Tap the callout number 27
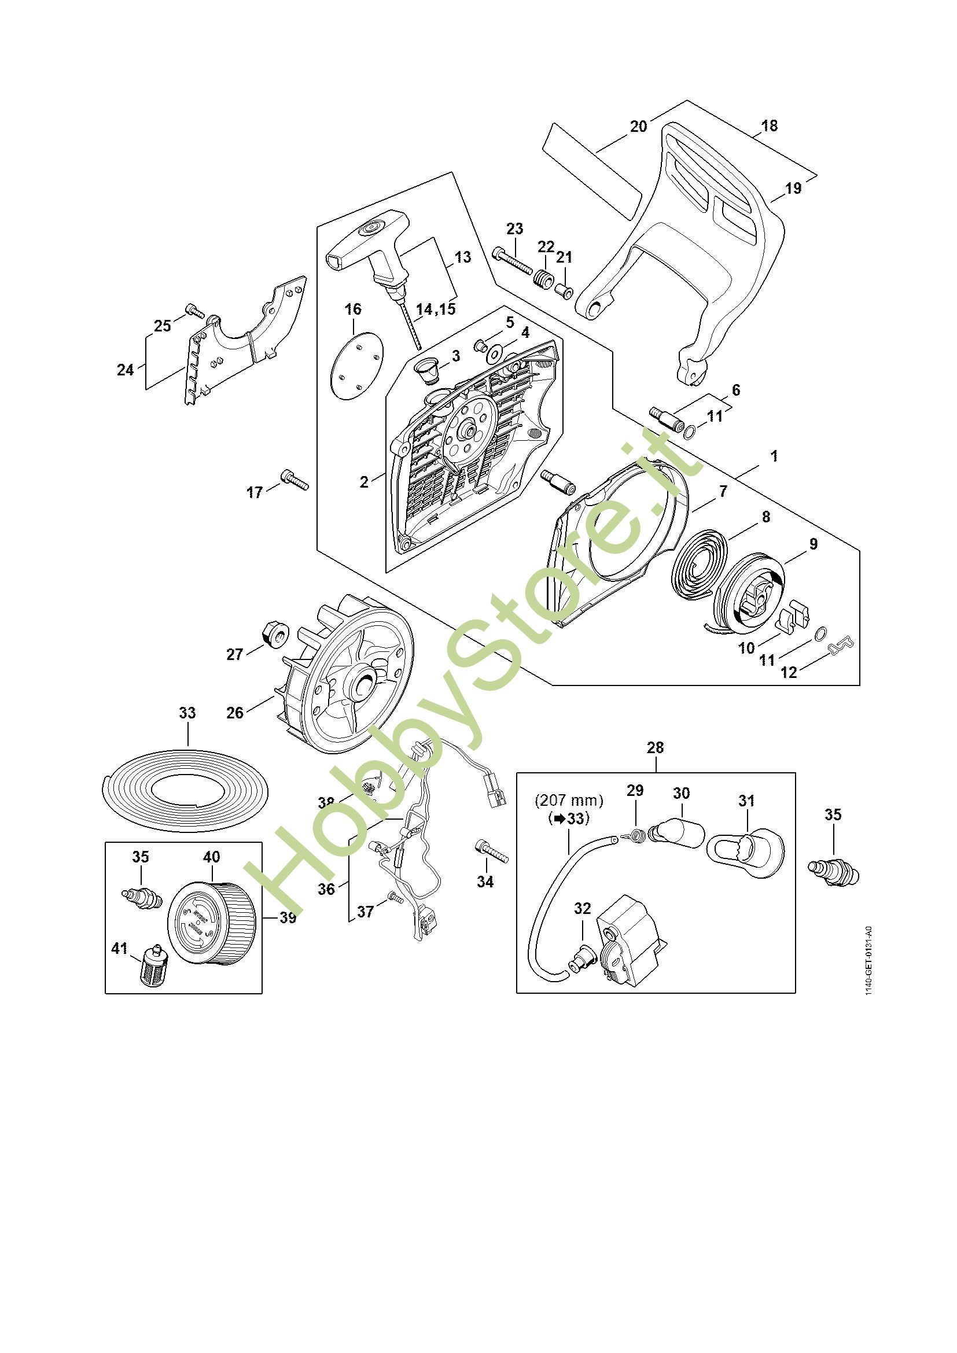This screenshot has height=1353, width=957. pyautogui.click(x=234, y=654)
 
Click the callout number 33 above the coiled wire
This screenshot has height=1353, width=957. pyautogui.click(x=187, y=713)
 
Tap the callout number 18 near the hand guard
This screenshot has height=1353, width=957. pyautogui.click(x=769, y=126)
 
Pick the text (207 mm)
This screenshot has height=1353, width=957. pyautogui.click(x=569, y=801)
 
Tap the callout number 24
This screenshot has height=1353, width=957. pyautogui.click(x=125, y=370)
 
